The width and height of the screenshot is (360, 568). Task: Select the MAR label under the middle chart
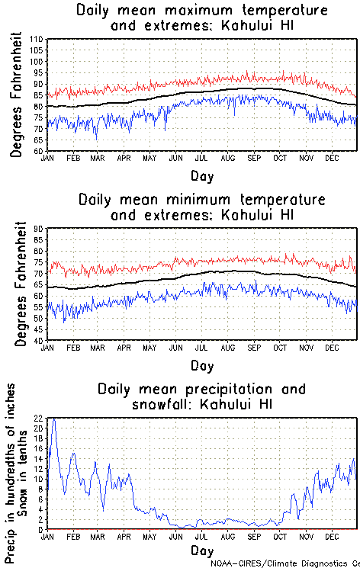pyautogui.click(x=97, y=346)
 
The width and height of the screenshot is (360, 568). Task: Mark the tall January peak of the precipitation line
pyautogui.click(x=53, y=420)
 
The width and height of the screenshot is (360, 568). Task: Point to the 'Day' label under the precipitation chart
pyautogui.click(x=202, y=550)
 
